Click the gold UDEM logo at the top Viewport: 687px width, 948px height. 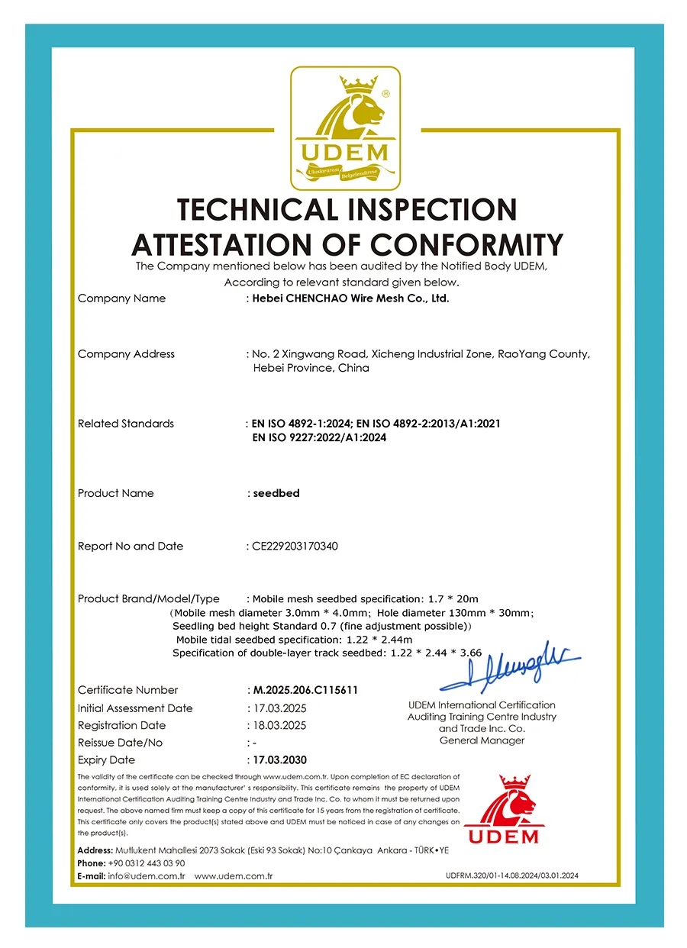345,128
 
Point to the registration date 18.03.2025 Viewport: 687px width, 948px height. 279,725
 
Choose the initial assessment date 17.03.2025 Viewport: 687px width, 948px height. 279,708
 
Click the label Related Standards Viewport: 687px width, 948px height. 126,424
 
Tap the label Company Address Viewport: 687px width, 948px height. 126,354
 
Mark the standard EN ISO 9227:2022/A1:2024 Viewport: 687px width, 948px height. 319,438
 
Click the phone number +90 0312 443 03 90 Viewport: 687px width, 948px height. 147,863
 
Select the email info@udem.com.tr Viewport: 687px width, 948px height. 147,876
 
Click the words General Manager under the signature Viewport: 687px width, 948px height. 482,740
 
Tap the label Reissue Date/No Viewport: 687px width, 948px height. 120,743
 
